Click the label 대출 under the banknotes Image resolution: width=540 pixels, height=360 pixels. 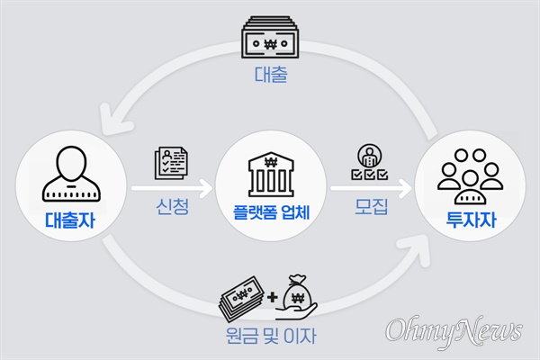point(269,77)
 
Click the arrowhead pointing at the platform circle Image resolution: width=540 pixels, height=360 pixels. point(209,188)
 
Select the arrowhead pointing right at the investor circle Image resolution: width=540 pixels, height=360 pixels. point(410,188)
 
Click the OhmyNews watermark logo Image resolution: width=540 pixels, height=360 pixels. point(454,329)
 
